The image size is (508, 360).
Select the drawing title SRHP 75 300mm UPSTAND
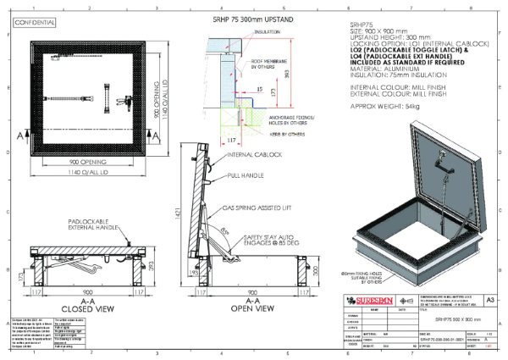click(246, 19)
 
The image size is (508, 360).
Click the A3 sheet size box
click(489, 299)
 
